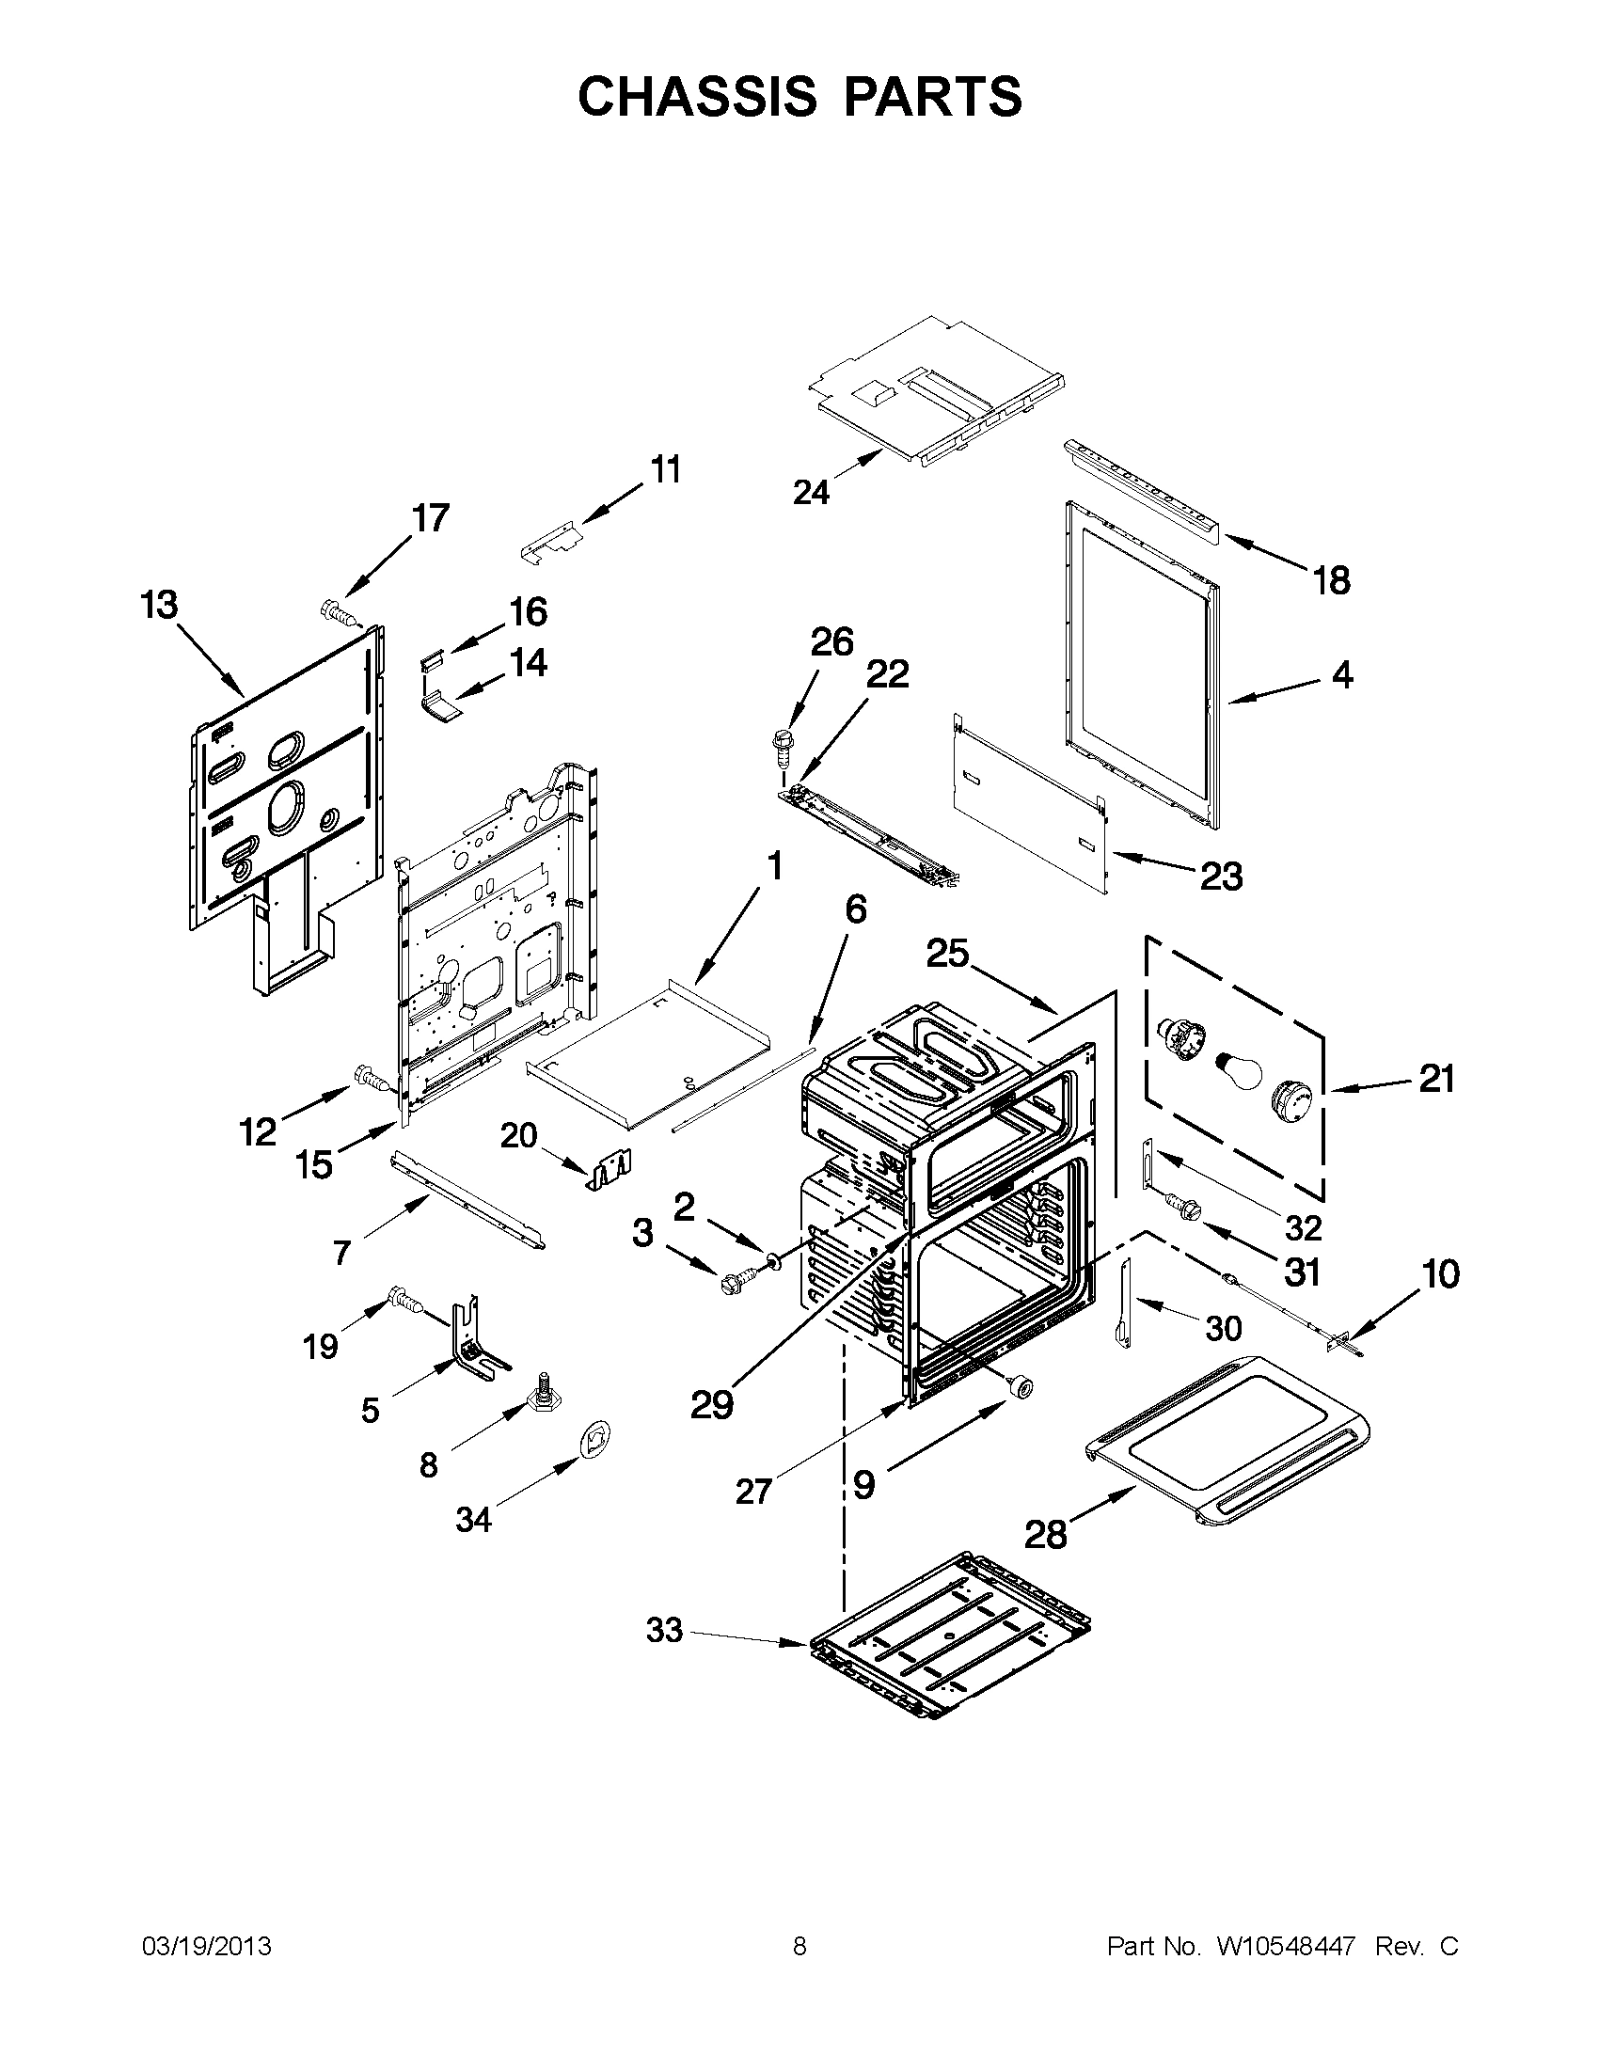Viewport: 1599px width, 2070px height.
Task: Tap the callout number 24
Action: pos(812,492)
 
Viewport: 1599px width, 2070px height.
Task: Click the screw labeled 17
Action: pos(338,613)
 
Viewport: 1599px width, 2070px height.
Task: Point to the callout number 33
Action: pos(664,1630)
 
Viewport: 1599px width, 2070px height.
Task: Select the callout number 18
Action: pos(1332,580)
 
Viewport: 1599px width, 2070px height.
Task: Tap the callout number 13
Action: pos(159,604)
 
